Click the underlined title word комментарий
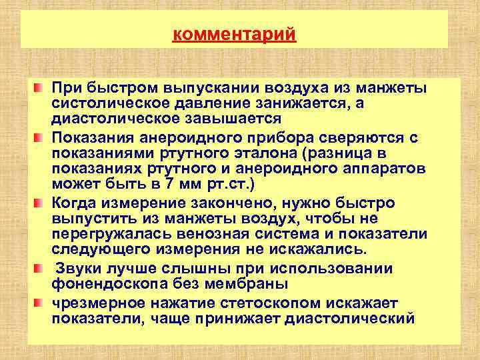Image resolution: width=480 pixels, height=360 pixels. [234, 33]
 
